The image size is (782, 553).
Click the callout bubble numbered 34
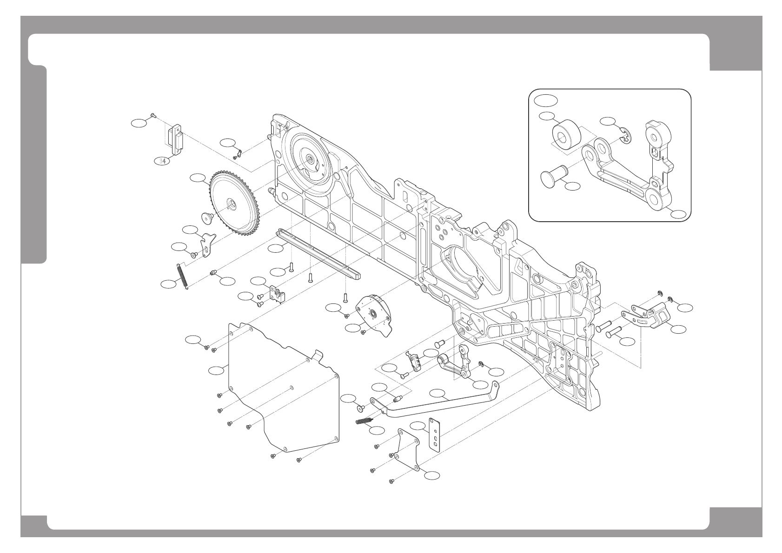coord(161,161)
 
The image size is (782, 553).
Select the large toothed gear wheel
coord(235,204)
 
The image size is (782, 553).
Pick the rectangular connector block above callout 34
coord(175,139)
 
